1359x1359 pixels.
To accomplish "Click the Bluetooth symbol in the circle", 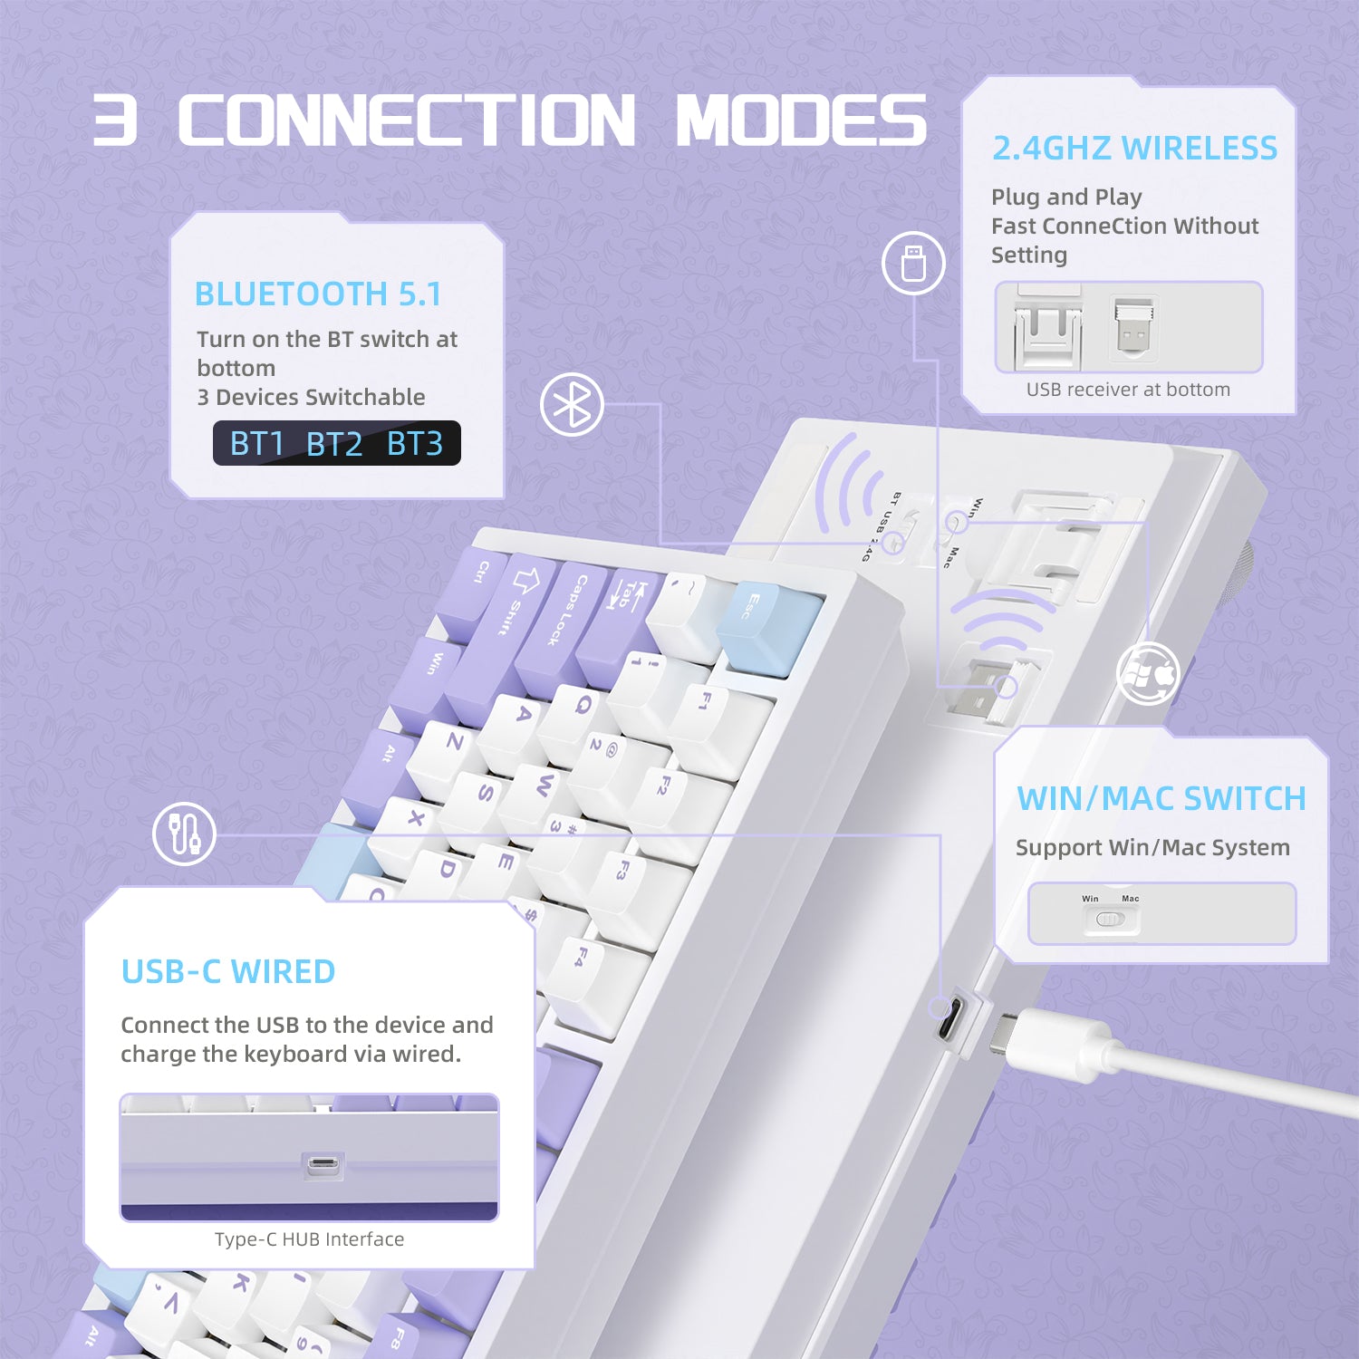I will pos(572,404).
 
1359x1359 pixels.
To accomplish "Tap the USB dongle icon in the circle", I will pos(913,263).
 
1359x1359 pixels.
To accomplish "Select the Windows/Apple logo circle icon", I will pos(1148,674).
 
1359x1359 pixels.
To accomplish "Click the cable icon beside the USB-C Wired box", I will pos(184,834).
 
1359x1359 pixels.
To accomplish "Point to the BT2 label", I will pos(334,444).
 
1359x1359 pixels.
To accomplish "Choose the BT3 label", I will pos(415,444).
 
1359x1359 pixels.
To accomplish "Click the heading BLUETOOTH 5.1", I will pos(318,294).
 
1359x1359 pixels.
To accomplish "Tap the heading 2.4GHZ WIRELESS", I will pos(1134,149).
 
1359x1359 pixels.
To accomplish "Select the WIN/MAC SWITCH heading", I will pos(1161,799).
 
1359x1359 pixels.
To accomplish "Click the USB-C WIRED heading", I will pos(228,972).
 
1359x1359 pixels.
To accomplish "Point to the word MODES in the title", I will pos(801,120).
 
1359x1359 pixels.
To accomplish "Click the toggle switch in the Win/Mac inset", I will pos(1110,919).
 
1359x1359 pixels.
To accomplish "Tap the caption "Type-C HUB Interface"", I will pos(309,1239).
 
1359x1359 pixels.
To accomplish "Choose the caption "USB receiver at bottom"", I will pos(1128,390).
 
